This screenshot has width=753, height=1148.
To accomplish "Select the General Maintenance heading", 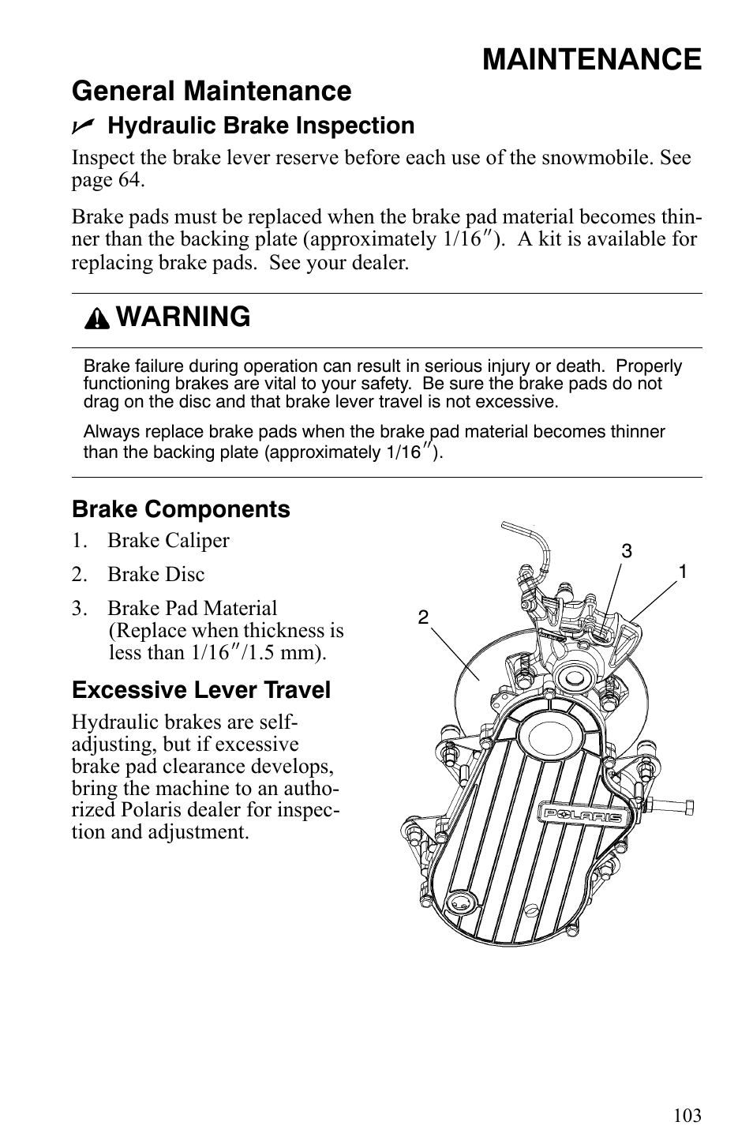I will (212, 92).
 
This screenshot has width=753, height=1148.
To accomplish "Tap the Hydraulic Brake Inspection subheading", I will (260, 126).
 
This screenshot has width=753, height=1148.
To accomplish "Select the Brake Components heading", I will (181, 510).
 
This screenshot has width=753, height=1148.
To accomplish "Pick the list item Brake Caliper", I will (168, 541).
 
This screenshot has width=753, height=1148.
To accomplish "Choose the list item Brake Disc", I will (155, 575).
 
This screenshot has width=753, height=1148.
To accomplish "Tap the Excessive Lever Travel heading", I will (201, 691).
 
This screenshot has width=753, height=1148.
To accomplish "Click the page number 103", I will (687, 1116).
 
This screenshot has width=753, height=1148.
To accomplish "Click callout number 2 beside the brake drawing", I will (423, 617).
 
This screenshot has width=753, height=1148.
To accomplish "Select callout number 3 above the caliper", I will (626, 552).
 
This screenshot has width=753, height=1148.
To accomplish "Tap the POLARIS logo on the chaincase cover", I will (581, 816).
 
